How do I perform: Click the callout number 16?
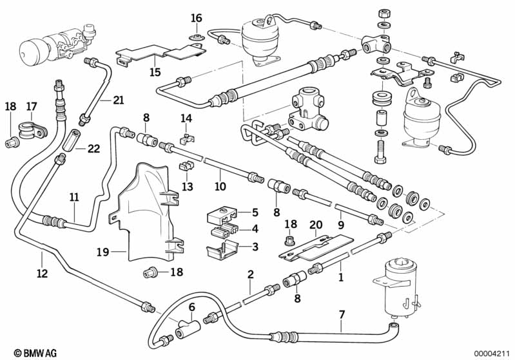coord(197,17)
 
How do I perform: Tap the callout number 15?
coord(155,71)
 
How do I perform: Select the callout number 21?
coord(117,100)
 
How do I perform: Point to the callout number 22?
coord(94,149)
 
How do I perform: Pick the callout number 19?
coord(101,252)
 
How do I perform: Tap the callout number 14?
coord(186,118)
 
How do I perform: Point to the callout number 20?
coord(315,224)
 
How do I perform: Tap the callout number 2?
coord(250,274)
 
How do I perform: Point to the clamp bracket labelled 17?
coord(30,129)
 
